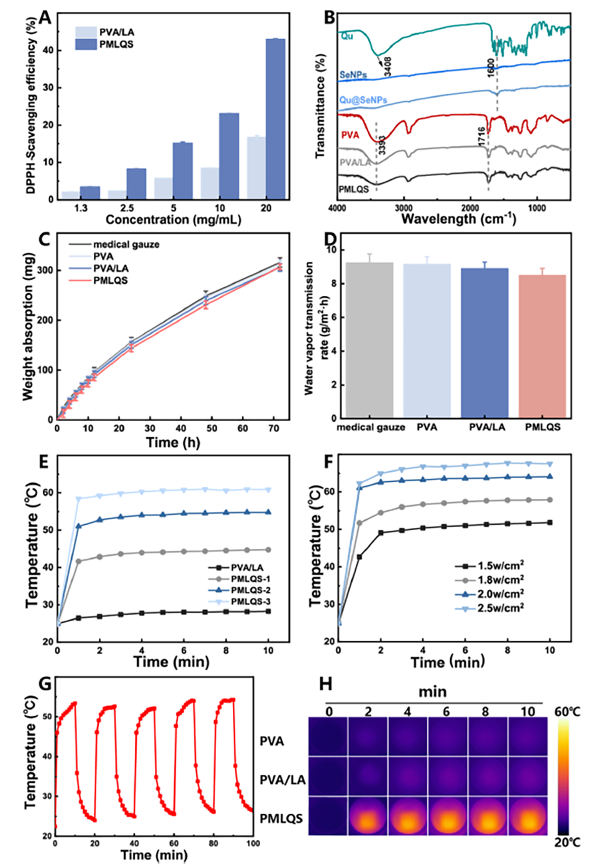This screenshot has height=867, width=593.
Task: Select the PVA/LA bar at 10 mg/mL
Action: click(x=210, y=184)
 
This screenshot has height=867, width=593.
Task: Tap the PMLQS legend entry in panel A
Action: click(x=116, y=44)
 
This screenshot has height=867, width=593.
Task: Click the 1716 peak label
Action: click(x=482, y=137)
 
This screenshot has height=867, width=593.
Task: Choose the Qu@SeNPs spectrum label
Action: click(x=363, y=100)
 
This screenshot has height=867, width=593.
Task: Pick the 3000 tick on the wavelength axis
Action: click(x=404, y=208)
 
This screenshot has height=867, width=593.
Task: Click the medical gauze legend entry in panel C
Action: click(x=126, y=244)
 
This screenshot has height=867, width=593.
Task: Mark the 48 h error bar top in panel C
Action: click(x=206, y=291)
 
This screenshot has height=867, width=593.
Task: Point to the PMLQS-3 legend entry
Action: click(x=250, y=602)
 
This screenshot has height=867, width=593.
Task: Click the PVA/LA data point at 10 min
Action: click(x=268, y=611)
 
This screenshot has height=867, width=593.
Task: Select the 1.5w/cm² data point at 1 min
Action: click(x=360, y=557)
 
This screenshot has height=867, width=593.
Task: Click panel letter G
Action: click(x=45, y=683)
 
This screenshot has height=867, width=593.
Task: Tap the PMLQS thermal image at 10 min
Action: click(x=528, y=816)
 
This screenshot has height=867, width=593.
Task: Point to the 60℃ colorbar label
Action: click(x=567, y=712)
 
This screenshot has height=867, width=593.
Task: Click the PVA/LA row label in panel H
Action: click(x=283, y=780)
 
